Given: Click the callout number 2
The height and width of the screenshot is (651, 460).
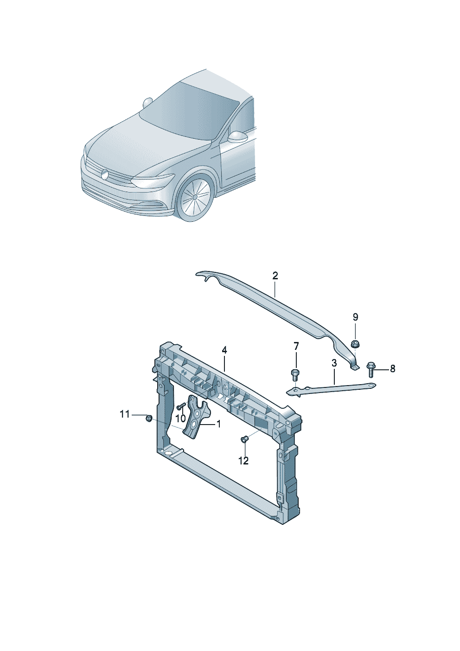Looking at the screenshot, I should tap(275, 276).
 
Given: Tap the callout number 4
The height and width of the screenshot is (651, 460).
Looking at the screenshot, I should tap(224, 350).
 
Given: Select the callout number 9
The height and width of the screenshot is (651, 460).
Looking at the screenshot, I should tap(356, 317).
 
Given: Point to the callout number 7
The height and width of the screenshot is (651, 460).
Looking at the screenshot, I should tap(296, 346).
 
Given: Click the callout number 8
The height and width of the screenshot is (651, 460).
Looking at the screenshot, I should tap(392, 368).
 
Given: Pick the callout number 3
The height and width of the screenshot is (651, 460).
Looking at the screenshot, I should tap(333, 363).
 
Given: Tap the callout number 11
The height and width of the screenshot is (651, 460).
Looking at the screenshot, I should tap(125, 414).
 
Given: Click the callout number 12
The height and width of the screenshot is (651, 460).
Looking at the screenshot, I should tap(243, 460).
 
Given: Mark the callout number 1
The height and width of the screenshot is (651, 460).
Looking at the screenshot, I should tap(218, 424).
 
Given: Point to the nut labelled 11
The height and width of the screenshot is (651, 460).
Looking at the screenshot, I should tap(148, 419).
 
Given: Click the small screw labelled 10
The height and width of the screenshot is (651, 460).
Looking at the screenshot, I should tap(180, 406).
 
